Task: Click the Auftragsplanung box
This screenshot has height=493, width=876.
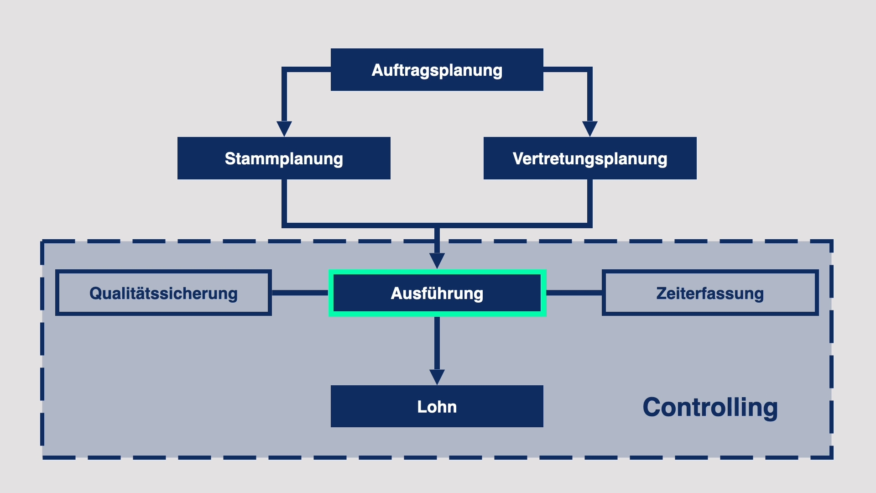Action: pos(437,70)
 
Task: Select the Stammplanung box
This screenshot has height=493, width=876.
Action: pos(284,158)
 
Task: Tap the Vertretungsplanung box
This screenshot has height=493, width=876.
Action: pos(589,158)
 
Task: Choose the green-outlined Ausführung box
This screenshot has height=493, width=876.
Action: pos(437,293)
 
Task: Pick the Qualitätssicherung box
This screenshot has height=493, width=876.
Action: pos(163,293)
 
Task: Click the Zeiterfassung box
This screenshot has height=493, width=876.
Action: pos(710,293)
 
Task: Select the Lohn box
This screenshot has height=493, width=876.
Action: pos(437,406)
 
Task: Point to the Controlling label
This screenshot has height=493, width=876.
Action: pos(710,407)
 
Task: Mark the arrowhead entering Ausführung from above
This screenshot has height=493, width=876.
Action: pos(437,260)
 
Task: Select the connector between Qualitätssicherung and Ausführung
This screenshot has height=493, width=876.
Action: pos(300,293)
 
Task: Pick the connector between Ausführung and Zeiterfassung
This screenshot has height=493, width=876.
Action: pos(574,293)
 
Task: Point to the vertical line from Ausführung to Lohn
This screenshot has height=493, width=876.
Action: pos(437,342)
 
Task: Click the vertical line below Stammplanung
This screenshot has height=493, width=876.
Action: pos(284,201)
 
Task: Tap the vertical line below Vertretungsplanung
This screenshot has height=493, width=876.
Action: pos(589,201)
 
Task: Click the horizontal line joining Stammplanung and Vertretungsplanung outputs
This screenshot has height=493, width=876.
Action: pos(365,225)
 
